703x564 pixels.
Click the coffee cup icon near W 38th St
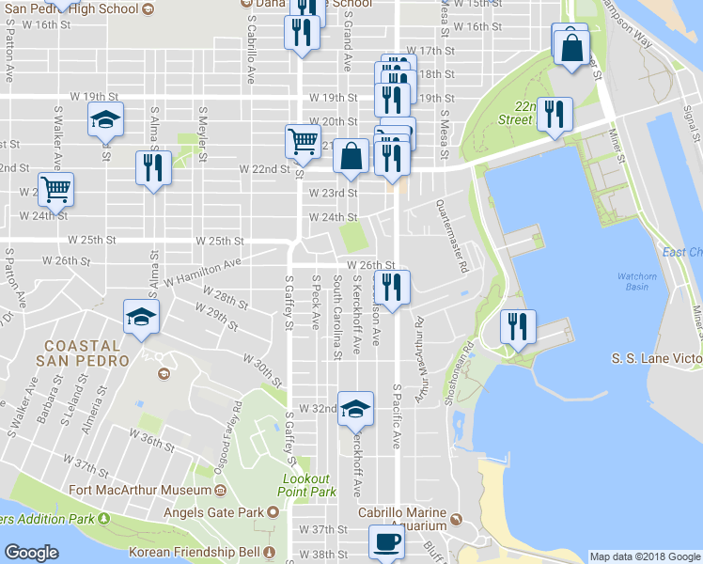click(385, 541)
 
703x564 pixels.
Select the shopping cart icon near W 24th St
click(55, 190)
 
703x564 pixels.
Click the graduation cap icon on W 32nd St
click(355, 408)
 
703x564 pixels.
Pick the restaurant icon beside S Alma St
click(153, 167)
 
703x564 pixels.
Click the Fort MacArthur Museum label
click(142, 491)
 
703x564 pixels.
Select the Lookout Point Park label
click(309, 485)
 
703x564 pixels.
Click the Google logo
click(31, 553)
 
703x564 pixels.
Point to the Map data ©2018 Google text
click(644, 556)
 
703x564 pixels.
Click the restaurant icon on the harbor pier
click(517, 326)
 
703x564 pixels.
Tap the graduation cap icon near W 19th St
click(105, 118)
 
